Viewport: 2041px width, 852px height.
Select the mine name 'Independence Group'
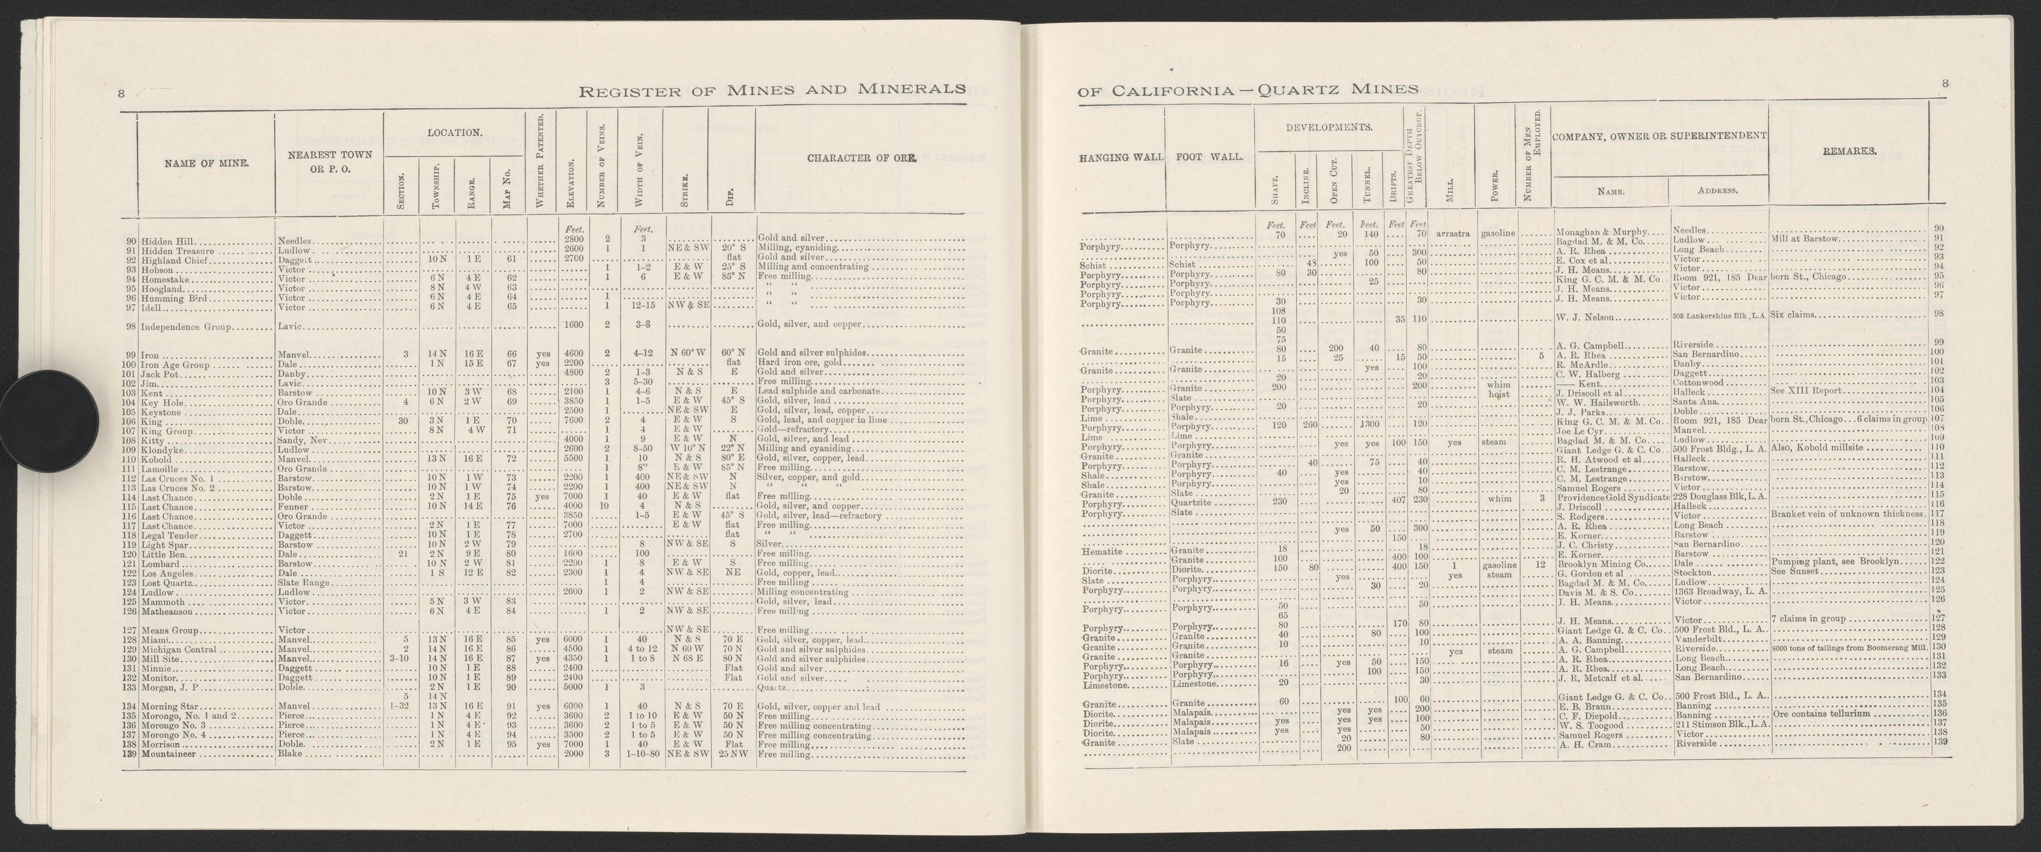[x=181, y=326]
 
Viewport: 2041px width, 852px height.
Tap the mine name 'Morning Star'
[x=169, y=707]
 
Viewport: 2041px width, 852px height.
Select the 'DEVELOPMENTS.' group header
[x=1329, y=127]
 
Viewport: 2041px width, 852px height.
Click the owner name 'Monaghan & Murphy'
[x=1600, y=231]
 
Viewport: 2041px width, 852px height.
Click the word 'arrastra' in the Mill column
[x=1453, y=234]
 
